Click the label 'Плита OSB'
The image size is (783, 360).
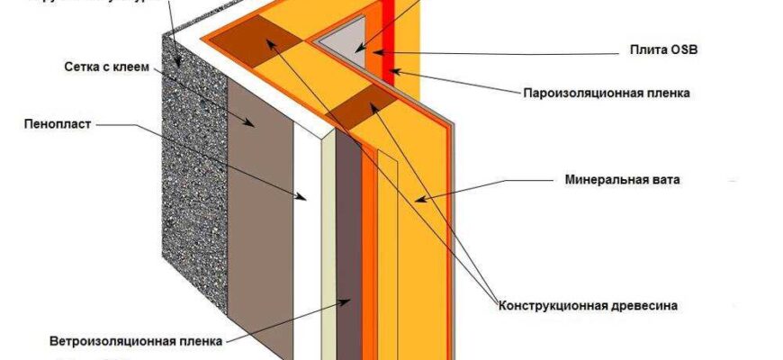(x=665, y=50)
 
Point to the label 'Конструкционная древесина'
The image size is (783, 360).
(x=588, y=306)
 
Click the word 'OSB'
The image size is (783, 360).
(x=683, y=50)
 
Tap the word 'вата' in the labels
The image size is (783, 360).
(x=667, y=180)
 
